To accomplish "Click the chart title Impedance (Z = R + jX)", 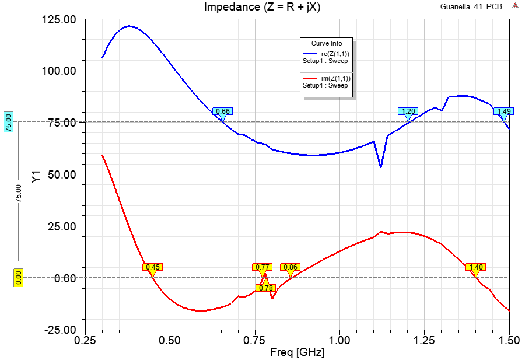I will pyautogui.click(x=262, y=7).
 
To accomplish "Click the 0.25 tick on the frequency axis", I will pyautogui.click(x=85, y=340).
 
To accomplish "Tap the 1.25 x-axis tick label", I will pyautogui.click(x=425, y=340).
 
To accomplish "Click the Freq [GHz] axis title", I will pyautogui.click(x=297, y=352).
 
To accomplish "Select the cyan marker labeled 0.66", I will pyautogui.click(x=222, y=111).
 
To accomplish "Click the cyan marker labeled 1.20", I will pyautogui.click(x=408, y=111).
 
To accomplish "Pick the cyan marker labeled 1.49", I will pyautogui.click(x=503, y=111).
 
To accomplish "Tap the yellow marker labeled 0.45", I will pyautogui.click(x=152, y=267).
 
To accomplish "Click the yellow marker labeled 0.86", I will pyautogui.click(x=289, y=267).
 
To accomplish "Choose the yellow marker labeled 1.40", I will pyautogui.click(x=475, y=267).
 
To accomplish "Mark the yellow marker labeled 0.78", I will pyautogui.click(x=265, y=288).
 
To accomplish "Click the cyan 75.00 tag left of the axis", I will pyautogui.click(x=9, y=122).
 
